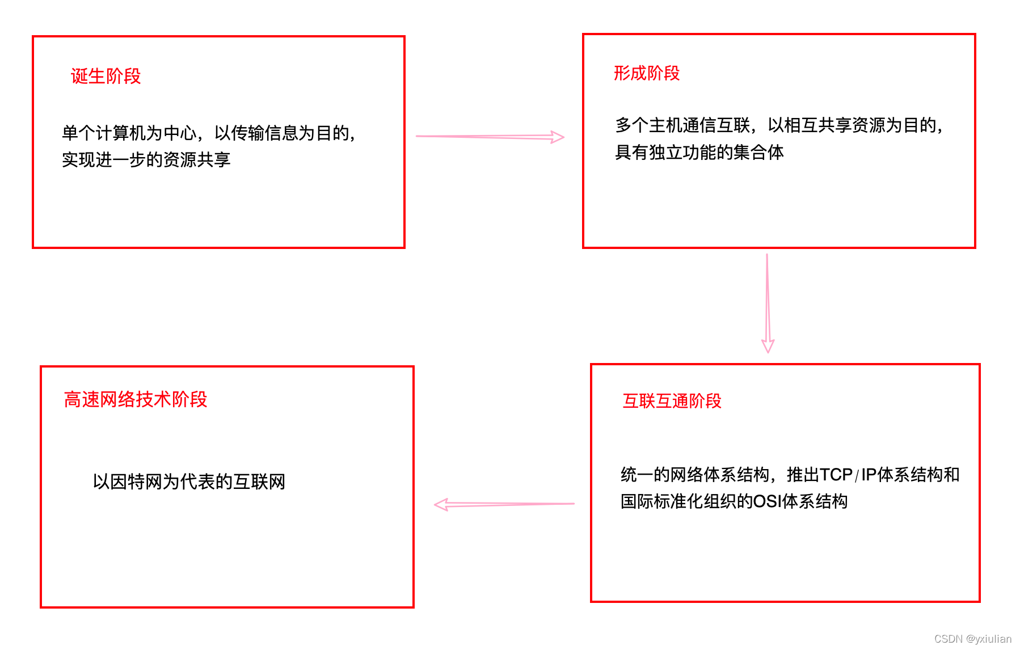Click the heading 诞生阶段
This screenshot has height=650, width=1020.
click(106, 76)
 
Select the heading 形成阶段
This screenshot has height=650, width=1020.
click(646, 73)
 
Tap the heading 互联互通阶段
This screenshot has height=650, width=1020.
click(672, 401)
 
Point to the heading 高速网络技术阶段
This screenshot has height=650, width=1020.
click(136, 399)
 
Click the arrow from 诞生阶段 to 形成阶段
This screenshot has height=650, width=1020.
click(490, 137)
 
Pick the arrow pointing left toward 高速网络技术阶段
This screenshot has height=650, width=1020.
click(504, 504)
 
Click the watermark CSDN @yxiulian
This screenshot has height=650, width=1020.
click(972, 639)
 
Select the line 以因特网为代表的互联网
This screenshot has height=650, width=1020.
click(189, 482)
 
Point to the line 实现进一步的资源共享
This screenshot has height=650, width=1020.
click(146, 160)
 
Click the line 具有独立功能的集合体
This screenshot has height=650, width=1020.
click(699, 152)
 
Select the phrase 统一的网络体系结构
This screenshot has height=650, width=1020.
click(695, 474)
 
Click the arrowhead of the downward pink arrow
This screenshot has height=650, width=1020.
click(768, 346)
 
